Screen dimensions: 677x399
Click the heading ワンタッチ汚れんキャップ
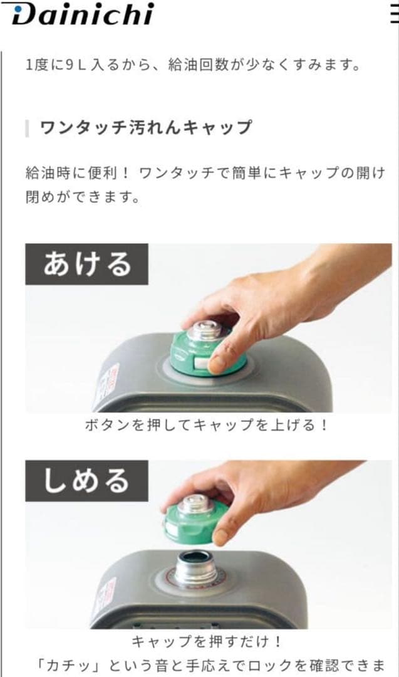click(x=145, y=128)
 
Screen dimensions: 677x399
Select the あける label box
click(x=86, y=264)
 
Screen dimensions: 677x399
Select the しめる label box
click(x=86, y=481)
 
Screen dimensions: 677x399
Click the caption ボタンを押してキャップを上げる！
click(x=207, y=425)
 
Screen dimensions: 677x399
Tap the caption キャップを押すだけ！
click(x=207, y=642)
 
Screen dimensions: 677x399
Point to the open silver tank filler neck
click(x=195, y=567)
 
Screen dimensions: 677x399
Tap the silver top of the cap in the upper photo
click(x=204, y=330)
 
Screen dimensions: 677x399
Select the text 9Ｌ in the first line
click(x=76, y=65)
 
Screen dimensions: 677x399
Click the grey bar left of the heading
click(x=27, y=128)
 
